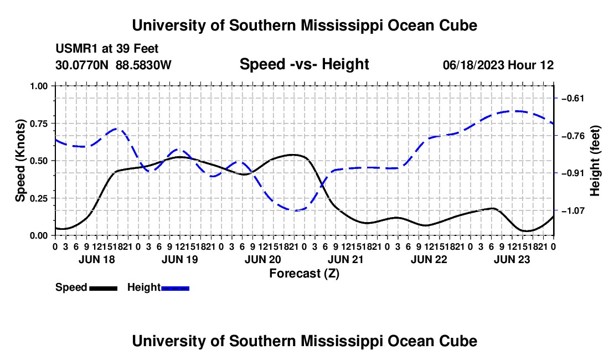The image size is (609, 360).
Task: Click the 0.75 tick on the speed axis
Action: click(39, 124)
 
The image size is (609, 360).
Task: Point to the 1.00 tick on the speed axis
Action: click(39, 86)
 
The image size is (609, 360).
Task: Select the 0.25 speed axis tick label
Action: click(39, 198)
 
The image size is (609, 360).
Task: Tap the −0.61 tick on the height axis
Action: click(572, 98)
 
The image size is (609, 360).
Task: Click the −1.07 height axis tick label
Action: click(572, 210)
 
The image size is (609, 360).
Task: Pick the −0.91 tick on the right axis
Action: click(572, 173)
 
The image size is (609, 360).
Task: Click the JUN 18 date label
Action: click(97, 259)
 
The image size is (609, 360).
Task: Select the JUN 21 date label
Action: click(345, 259)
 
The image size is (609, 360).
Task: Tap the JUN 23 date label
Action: click(512, 259)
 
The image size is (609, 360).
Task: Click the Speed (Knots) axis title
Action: click(20, 161)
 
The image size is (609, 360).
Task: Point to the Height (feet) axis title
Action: click(595, 161)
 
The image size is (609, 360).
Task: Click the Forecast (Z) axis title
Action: click(304, 274)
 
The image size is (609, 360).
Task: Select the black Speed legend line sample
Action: click(104, 288)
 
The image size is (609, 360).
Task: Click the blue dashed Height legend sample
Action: click(175, 288)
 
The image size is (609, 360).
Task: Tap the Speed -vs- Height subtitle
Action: click(304, 64)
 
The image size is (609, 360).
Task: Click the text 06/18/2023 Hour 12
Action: click(498, 65)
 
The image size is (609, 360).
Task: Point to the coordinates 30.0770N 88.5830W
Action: click(113, 65)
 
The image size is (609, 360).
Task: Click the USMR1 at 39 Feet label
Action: click(107, 49)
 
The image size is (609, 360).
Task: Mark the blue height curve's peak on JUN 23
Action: click(517, 111)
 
